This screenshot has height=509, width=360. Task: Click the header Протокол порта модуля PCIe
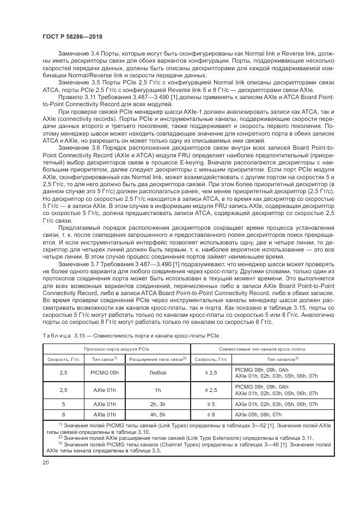pyautogui.click(x=115, y=348)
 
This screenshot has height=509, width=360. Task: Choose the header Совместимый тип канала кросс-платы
pyautogui.click(x=263, y=348)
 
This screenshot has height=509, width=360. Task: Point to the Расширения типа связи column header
pyautogui.click(x=156, y=359)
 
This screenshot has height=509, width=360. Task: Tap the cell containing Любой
pyautogui.click(x=157, y=372)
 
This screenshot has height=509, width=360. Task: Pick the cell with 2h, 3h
pyautogui.click(x=157, y=404)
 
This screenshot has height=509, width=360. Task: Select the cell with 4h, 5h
pyautogui.click(x=157, y=415)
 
